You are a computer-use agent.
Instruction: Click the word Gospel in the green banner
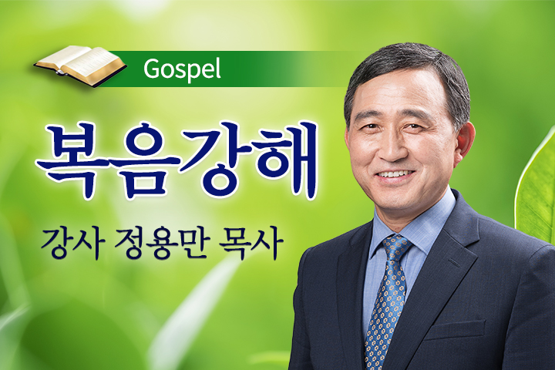[182, 69]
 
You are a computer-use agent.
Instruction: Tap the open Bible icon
[80, 66]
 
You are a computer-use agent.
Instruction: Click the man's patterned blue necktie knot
[396, 246]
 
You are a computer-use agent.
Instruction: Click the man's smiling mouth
[395, 175]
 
